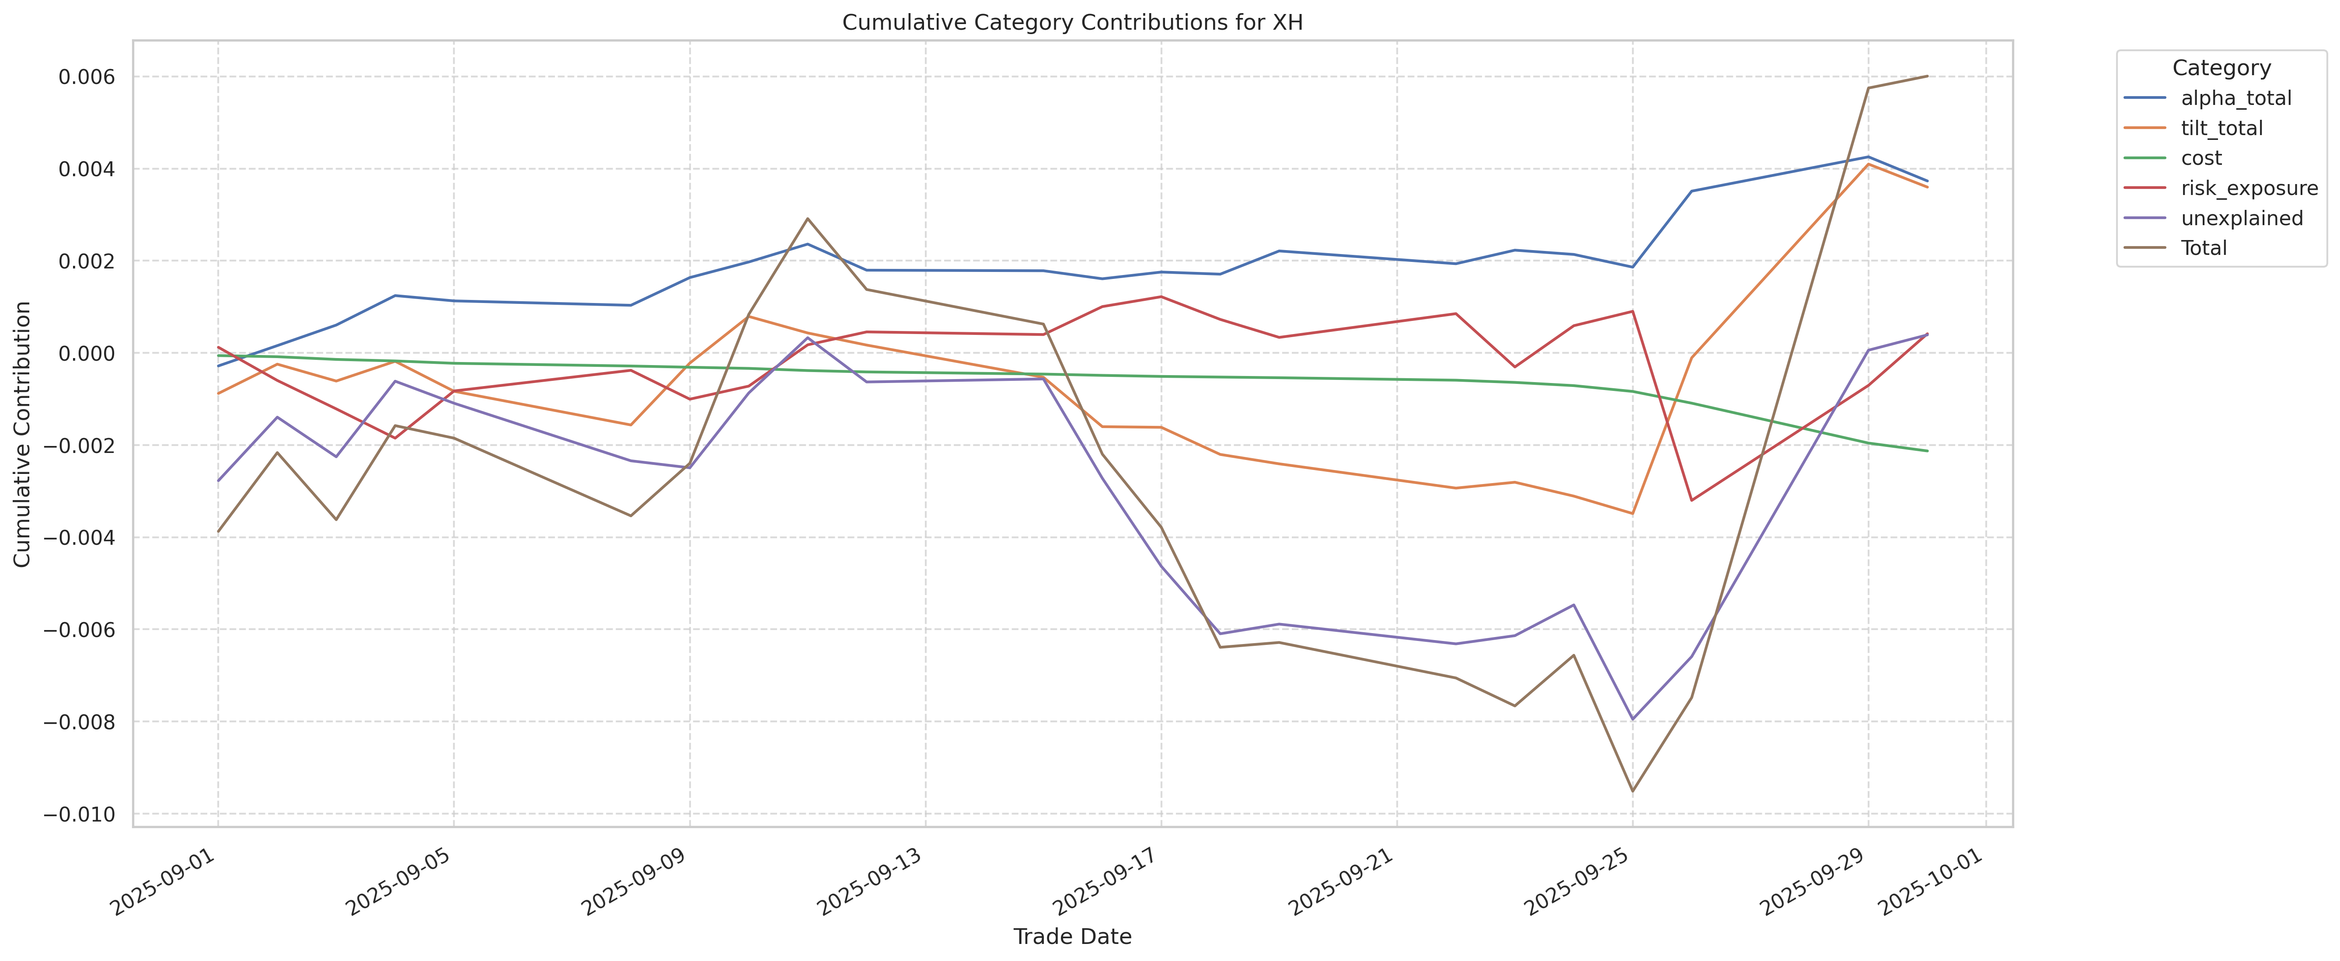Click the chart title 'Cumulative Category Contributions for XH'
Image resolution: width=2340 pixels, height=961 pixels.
(x=1072, y=23)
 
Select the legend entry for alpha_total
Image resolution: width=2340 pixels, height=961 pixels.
(x=2235, y=98)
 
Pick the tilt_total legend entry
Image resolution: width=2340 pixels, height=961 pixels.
(x=2221, y=128)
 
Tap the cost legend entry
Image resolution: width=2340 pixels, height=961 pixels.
(x=2201, y=158)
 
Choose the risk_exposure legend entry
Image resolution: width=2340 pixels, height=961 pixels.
(x=2249, y=188)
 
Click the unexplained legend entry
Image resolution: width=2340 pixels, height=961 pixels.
(x=2241, y=218)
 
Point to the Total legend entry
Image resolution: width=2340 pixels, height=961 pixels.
(x=2204, y=248)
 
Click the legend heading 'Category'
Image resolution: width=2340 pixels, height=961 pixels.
(x=2221, y=68)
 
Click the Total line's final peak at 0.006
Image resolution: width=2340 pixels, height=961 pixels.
(x=1927, y=77)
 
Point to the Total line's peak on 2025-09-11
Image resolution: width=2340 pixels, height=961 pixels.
(x=808, y=219)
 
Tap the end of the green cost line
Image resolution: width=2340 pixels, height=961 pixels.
(x=1927, y=450)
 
